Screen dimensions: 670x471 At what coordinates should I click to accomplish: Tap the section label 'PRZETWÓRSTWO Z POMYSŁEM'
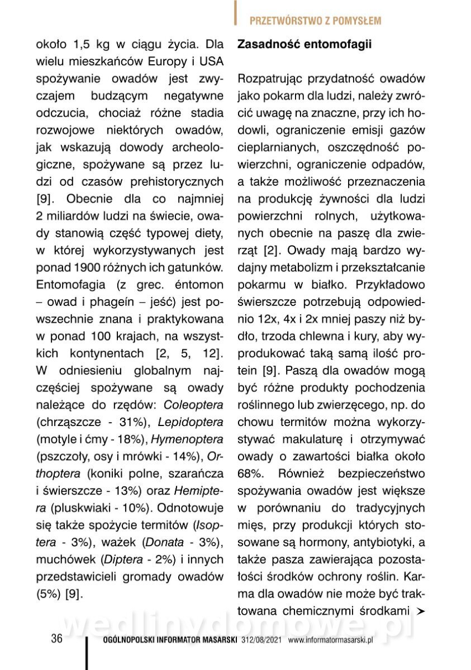pyautogui.click(x=315, y=21)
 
